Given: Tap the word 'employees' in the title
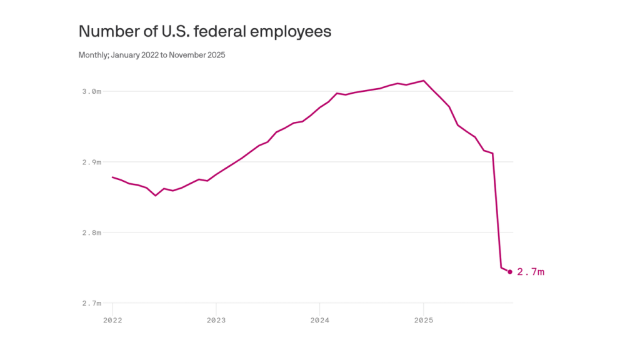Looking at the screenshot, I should point(294,32).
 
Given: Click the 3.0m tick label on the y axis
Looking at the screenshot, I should point(92,91).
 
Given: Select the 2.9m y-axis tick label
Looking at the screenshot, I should point(92,162).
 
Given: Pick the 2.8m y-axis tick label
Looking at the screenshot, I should point(92,232).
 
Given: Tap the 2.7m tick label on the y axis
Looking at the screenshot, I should point(92,303).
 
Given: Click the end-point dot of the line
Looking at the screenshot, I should point(510,272).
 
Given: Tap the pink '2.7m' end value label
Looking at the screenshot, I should point(531,272).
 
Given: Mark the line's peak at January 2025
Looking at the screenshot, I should point(424,81).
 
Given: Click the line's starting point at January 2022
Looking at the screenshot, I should point(112,177).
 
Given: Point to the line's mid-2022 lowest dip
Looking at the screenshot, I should point(156,196).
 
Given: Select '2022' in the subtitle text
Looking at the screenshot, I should point(150,55).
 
